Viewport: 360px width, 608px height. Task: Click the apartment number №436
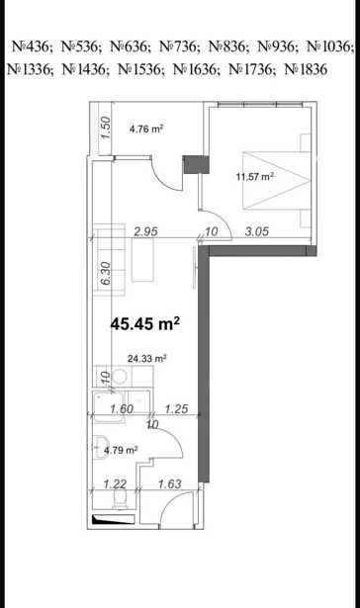32,46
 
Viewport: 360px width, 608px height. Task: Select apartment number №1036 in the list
330,46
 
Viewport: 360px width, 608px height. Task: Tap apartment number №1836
307,69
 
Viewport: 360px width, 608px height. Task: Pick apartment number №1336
31,69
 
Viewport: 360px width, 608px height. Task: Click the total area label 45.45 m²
145,323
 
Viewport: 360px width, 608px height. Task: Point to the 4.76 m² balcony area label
145,129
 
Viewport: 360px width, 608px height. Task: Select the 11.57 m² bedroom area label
255,177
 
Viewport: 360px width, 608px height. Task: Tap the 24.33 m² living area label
147,359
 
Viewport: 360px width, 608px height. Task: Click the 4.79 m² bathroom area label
121,450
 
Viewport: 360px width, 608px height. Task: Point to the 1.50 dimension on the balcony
106,128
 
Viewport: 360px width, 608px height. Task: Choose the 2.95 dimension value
145,231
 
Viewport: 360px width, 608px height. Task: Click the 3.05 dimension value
257,231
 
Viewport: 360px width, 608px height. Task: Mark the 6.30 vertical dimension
106,274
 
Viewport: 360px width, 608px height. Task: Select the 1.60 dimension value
122,408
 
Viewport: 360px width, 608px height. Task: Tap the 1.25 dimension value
176,408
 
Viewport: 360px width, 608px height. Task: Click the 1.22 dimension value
115,483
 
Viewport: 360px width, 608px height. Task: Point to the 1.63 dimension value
170,483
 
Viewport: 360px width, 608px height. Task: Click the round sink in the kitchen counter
120,376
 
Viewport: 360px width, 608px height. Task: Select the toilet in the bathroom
119,500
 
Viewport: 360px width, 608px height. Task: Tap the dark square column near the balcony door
196,164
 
